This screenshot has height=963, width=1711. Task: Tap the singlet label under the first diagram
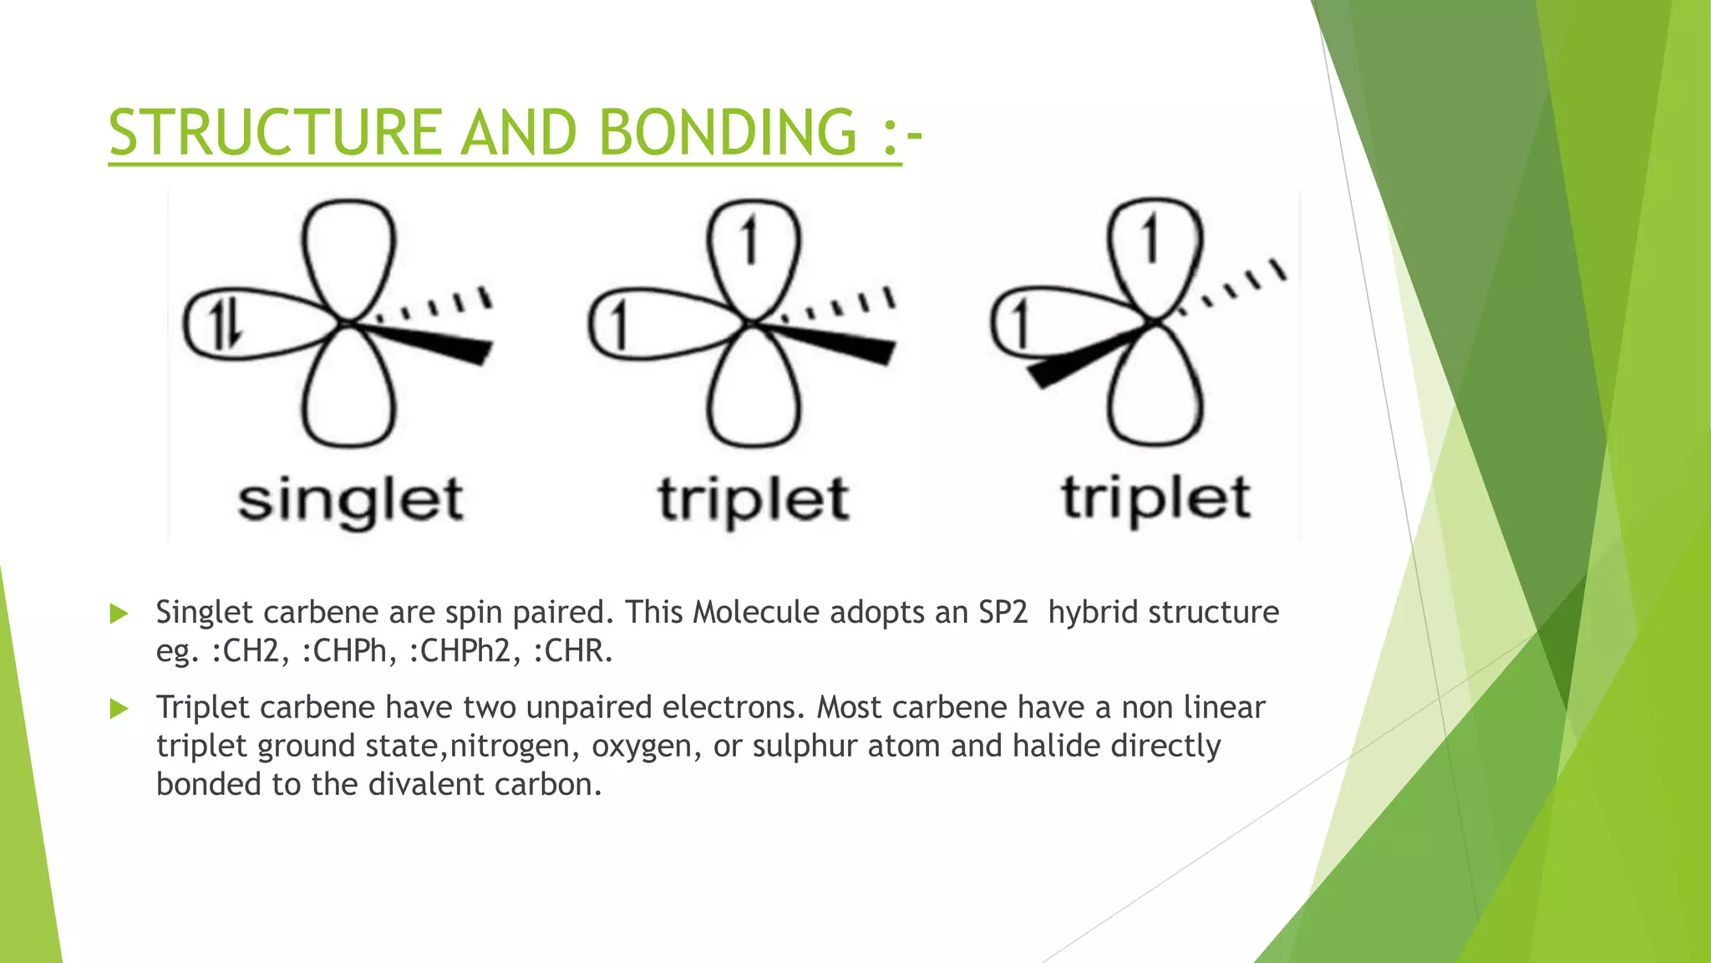coord(350,501)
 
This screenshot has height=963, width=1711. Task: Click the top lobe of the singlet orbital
coord(348,251)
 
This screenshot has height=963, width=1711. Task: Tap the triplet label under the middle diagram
coord(753,501)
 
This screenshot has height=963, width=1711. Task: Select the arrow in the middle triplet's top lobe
coord(749,241)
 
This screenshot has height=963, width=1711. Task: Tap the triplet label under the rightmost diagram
coord(1155,499)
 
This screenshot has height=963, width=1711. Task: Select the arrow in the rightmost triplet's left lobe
coord(1020,324)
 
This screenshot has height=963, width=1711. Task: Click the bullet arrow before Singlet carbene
coord(119,614)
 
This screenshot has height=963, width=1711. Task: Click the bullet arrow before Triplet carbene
coord(119,709)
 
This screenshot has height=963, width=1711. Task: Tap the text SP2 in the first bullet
coord(1003,613)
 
